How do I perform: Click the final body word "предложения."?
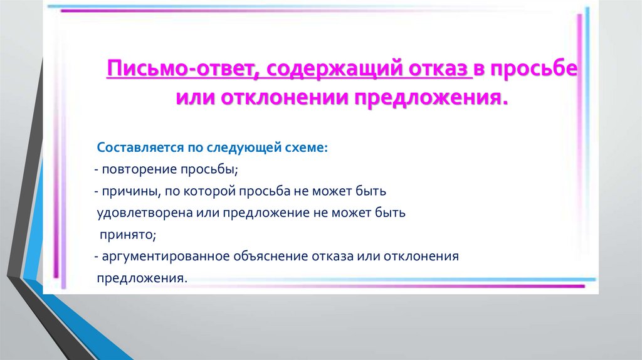(142, 278)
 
